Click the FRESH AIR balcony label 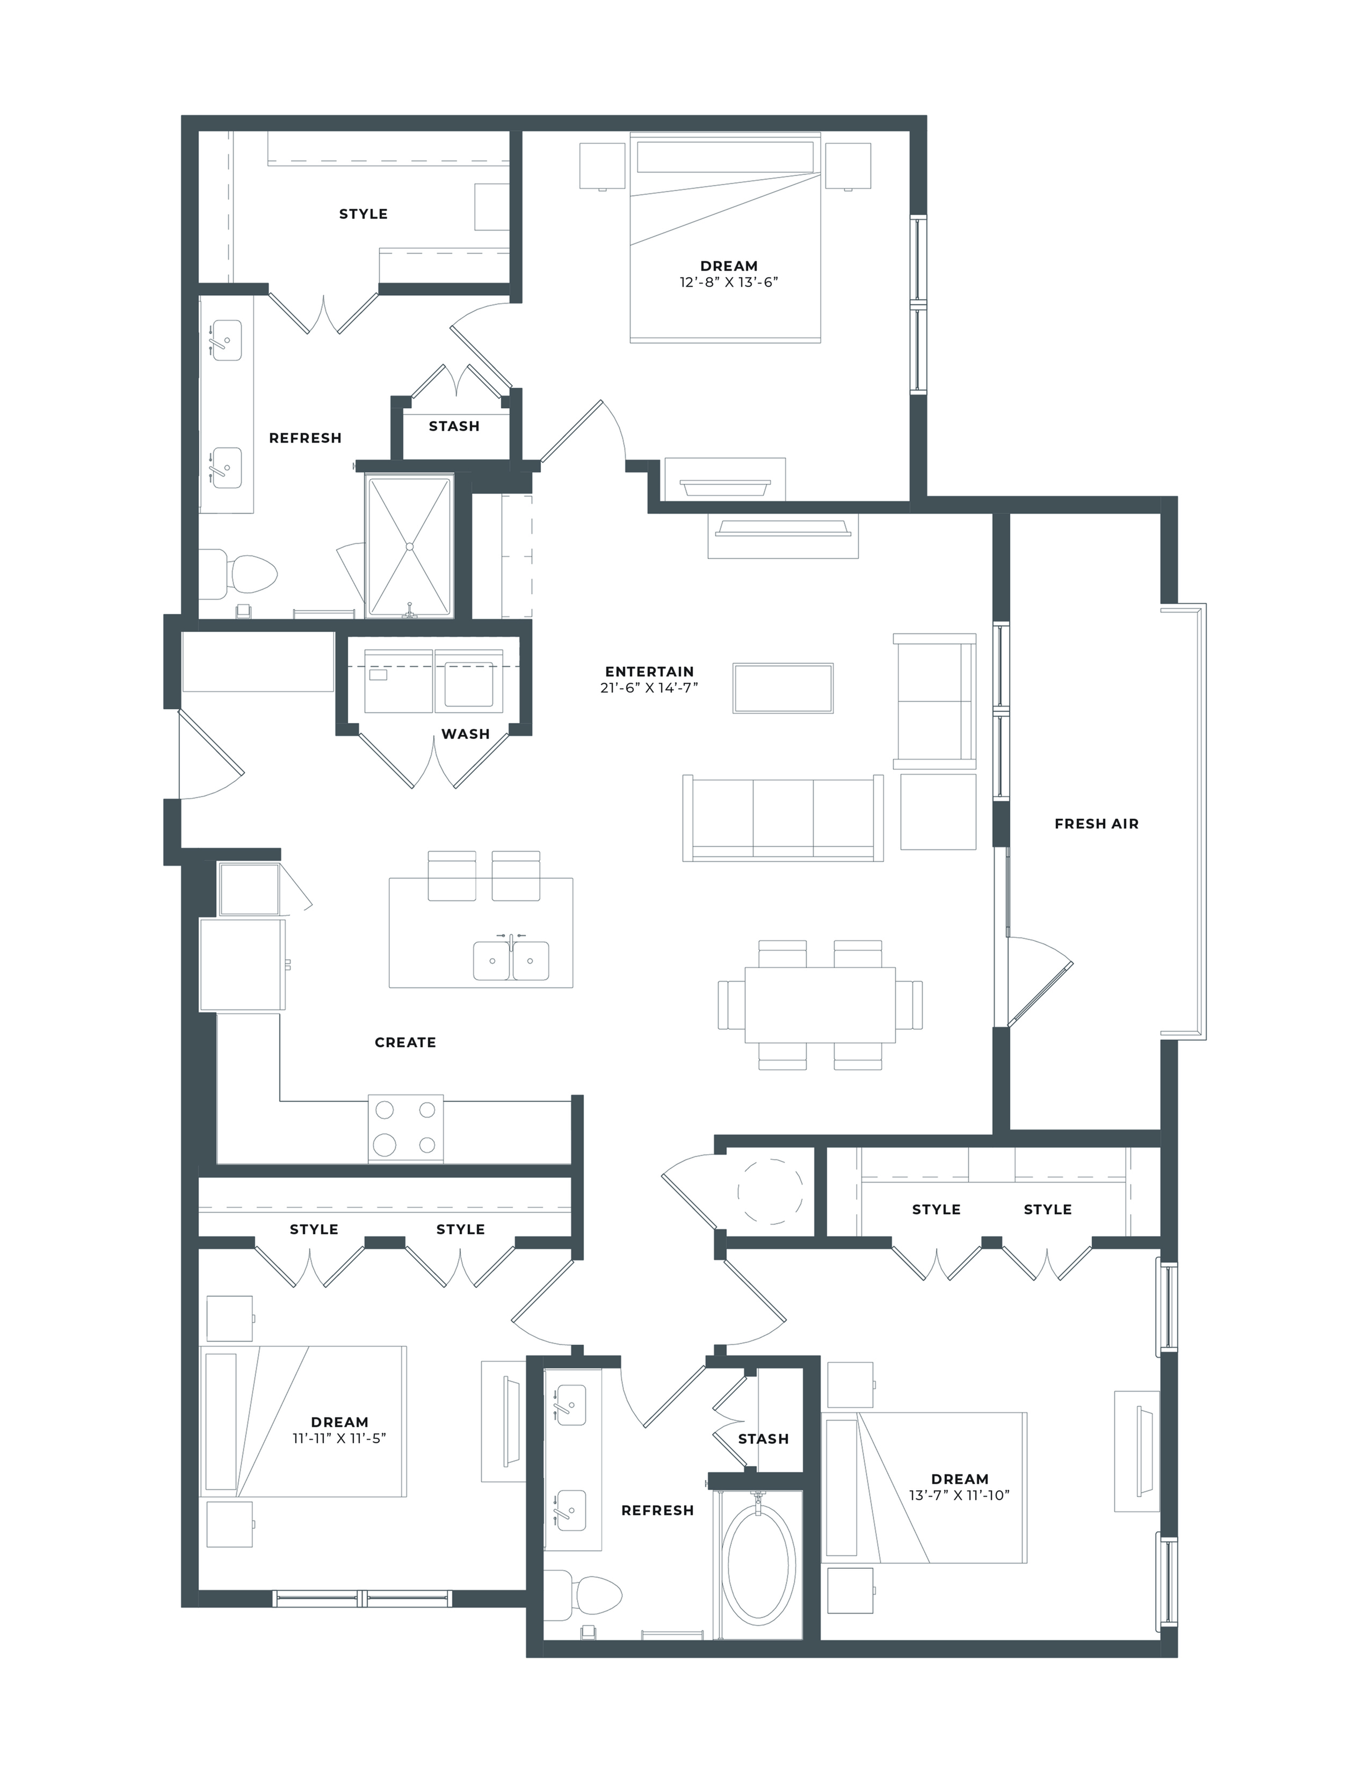pos(1097,824)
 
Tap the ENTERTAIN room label pos(649,672)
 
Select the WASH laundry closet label pos(465,734)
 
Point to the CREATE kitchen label pos(405,1042)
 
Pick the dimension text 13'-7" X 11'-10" pos(959,1495)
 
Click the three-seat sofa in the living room pos(783,818)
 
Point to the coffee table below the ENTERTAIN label pos(783,688)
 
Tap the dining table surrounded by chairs pos(820,1005)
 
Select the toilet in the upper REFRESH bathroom pos(238,574)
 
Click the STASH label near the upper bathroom pos(454,426)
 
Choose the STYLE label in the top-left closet pos(363,214)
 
